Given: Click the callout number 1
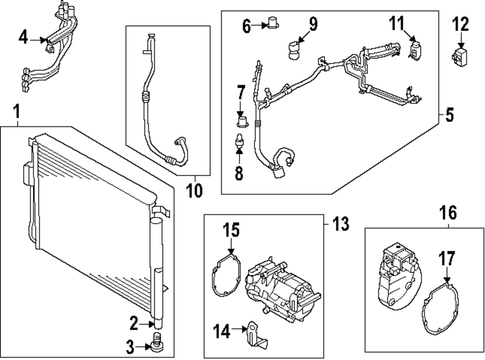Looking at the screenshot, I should pyautogui.click(x=16, y=113).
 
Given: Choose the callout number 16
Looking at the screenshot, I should pyautogui.click(x=448, y=213).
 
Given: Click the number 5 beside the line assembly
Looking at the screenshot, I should pyautogui.click(x=449, y=116).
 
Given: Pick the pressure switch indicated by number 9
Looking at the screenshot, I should pyautogui.click(x=294, y=49).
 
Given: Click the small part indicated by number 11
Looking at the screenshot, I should pyautogui.click(x=415, y=50).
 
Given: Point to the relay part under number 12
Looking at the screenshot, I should pyautogui.click(x=460, y=56).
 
